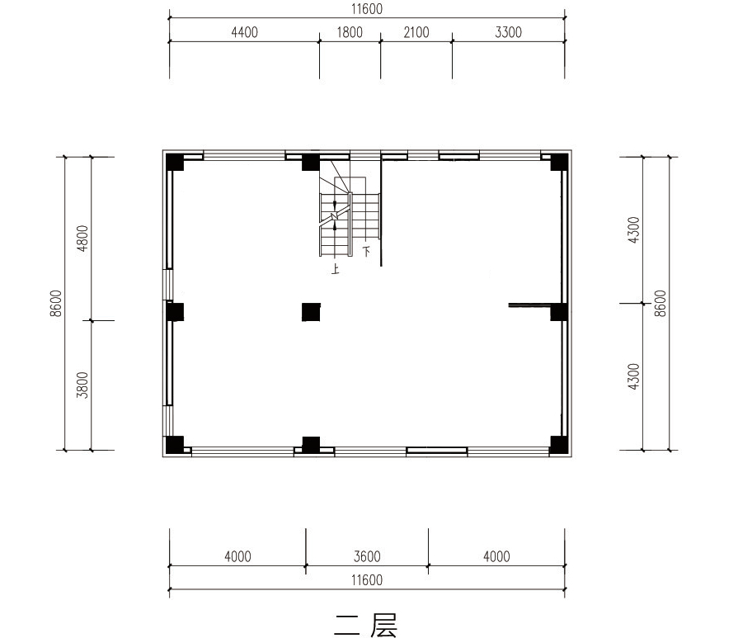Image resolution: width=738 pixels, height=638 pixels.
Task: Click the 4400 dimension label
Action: tap(244, 32)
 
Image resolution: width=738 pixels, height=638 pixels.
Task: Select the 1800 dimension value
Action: tap(350, 32)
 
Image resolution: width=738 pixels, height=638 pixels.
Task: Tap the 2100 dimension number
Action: tap(416, 32)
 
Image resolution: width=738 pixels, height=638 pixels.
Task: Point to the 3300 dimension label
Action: tap(508, 32)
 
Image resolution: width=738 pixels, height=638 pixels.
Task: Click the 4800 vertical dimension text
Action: tap(82, 239)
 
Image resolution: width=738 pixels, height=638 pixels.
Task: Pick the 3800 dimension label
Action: tap(82, 385)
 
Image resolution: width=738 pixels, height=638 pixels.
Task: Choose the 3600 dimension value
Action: tap(367, 556)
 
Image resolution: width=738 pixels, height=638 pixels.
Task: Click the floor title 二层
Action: tap(366, 625)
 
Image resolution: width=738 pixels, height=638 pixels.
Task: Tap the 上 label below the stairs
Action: tap(335, 270)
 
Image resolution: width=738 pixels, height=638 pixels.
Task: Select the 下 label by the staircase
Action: tap(366, 251)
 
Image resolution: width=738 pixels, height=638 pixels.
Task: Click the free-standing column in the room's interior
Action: tap(311, 312)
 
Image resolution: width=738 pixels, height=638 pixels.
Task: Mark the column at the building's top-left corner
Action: tap(174, 162)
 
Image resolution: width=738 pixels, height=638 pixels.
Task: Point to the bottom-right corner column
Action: tap(559, 445)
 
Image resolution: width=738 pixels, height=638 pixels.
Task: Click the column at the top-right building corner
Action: tap(559, 162)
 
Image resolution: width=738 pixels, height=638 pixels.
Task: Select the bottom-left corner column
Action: tap(174, 445)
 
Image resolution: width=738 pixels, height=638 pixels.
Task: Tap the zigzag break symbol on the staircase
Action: tap(335, 215)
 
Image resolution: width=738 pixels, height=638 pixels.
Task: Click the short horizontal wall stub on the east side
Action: tap(529, 305)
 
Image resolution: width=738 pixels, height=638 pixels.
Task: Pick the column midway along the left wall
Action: tap(174, 312)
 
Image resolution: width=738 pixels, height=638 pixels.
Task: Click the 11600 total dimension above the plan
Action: tap(367, 9)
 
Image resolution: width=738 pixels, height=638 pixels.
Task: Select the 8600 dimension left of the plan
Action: tap(56, 303)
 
